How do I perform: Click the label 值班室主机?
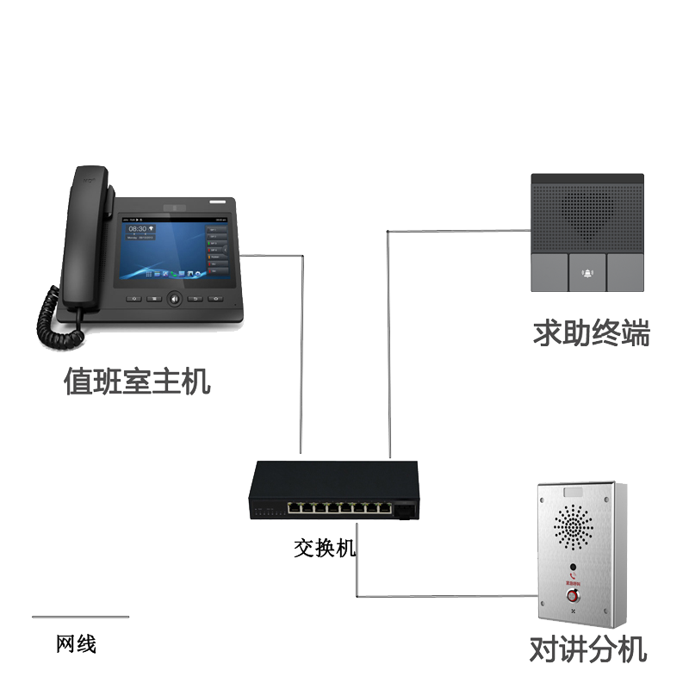point(137,381)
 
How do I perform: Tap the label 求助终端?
point(591,332)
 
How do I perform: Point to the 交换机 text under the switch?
point(325,547)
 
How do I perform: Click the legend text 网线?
point(76,643)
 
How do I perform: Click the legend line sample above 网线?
point(80,617)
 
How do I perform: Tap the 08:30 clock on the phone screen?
point(138,229)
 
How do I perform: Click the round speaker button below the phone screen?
point(175,300)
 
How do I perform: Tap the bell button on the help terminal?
point(587,273)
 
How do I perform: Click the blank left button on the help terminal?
point(549,273)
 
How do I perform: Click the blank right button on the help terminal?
point(626,273)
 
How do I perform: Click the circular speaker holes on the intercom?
point(573,527)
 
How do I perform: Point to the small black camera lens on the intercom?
point(573,568)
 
